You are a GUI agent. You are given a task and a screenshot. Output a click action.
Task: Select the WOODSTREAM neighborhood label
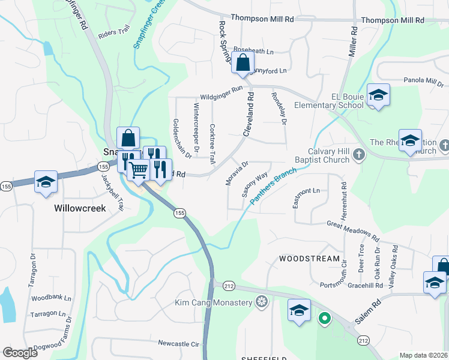coord(310,259)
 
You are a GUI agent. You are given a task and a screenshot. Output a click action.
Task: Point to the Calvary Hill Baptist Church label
coord(321,155)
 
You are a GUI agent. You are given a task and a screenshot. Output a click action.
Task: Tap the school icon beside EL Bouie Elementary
coord(378,95)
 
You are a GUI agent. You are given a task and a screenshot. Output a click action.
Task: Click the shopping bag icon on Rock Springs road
coord(243,63)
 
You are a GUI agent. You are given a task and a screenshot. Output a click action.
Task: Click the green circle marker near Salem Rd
coord(325,318)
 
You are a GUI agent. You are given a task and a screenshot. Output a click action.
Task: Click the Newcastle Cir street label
coord(178,344)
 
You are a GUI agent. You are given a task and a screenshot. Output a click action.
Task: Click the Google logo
coord(20,353)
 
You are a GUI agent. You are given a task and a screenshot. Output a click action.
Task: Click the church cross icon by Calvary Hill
coord(358,154)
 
